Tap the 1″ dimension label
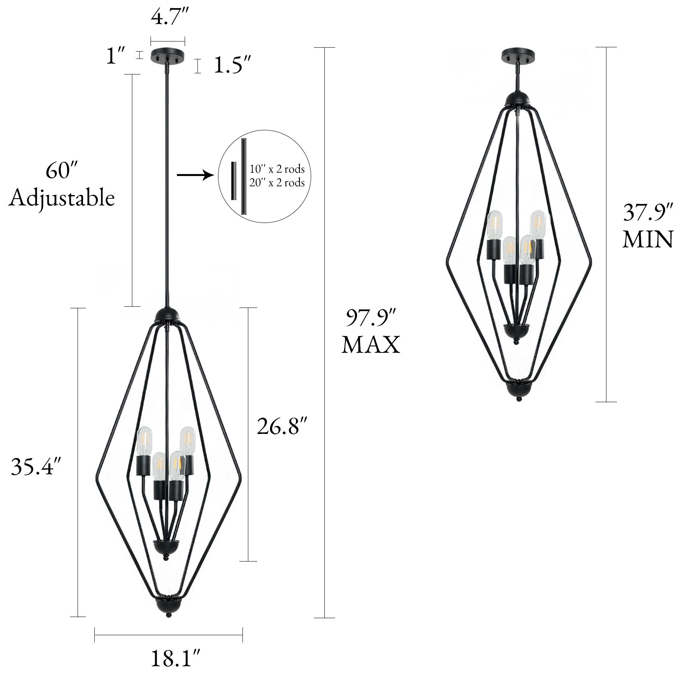click(116, 56)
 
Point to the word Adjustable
click(61, 198)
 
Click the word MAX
click(370, 345)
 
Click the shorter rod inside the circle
click(234, 181)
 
